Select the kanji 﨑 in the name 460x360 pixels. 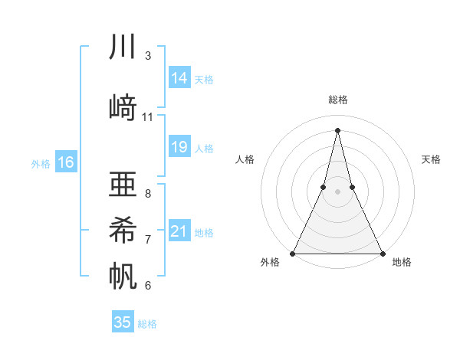pyautogui.click(x=123, y=106)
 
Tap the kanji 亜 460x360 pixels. pyautogui.click(x=123, y=184)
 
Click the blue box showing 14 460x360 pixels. pyautogui.click(x=179, y=78)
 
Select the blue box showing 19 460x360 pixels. pyautogui.click(x=179, y=147)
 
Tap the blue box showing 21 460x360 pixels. pyautogui.click(x=179, y=231)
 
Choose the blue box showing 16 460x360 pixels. pyautogui.click(x=66, y=162)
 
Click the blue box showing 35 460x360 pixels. pyautogui.click(x=123, y=322)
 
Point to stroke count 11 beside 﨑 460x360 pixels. pyautogui.click(x=148, y=117)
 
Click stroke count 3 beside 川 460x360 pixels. pyautogui.click(x=147, y=56)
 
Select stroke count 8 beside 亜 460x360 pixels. pyautogui.click(x=147, y=193)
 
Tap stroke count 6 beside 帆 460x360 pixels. pyautogui.click(x=147, y=286)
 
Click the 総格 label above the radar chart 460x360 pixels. pyautogui.click(x=337, y=100)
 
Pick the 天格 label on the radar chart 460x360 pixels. pyautogui.click(x=431, y=159)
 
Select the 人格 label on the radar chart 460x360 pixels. pyautogui.click(x=245, y=159)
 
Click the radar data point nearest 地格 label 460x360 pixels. pyautogui.click(x=382, y=253)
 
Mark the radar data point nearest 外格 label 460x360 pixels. pyautogui.click(x=293, y=253)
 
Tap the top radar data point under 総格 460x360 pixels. pyautogui.click(x=337, y=129)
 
